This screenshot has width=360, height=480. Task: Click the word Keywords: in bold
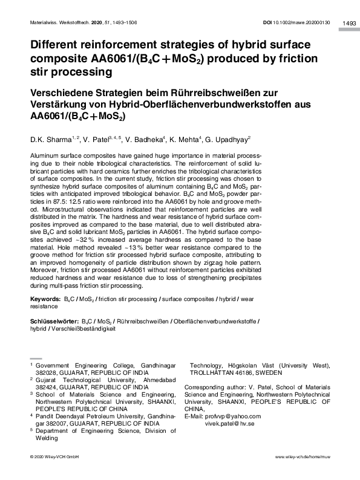click(x=45, y=299)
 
